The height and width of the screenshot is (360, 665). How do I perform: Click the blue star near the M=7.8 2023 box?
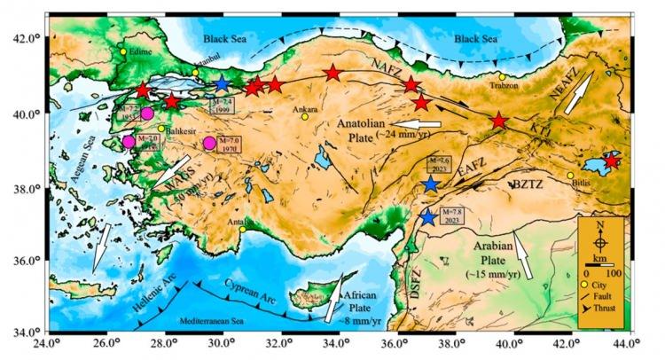pos(428,216)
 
